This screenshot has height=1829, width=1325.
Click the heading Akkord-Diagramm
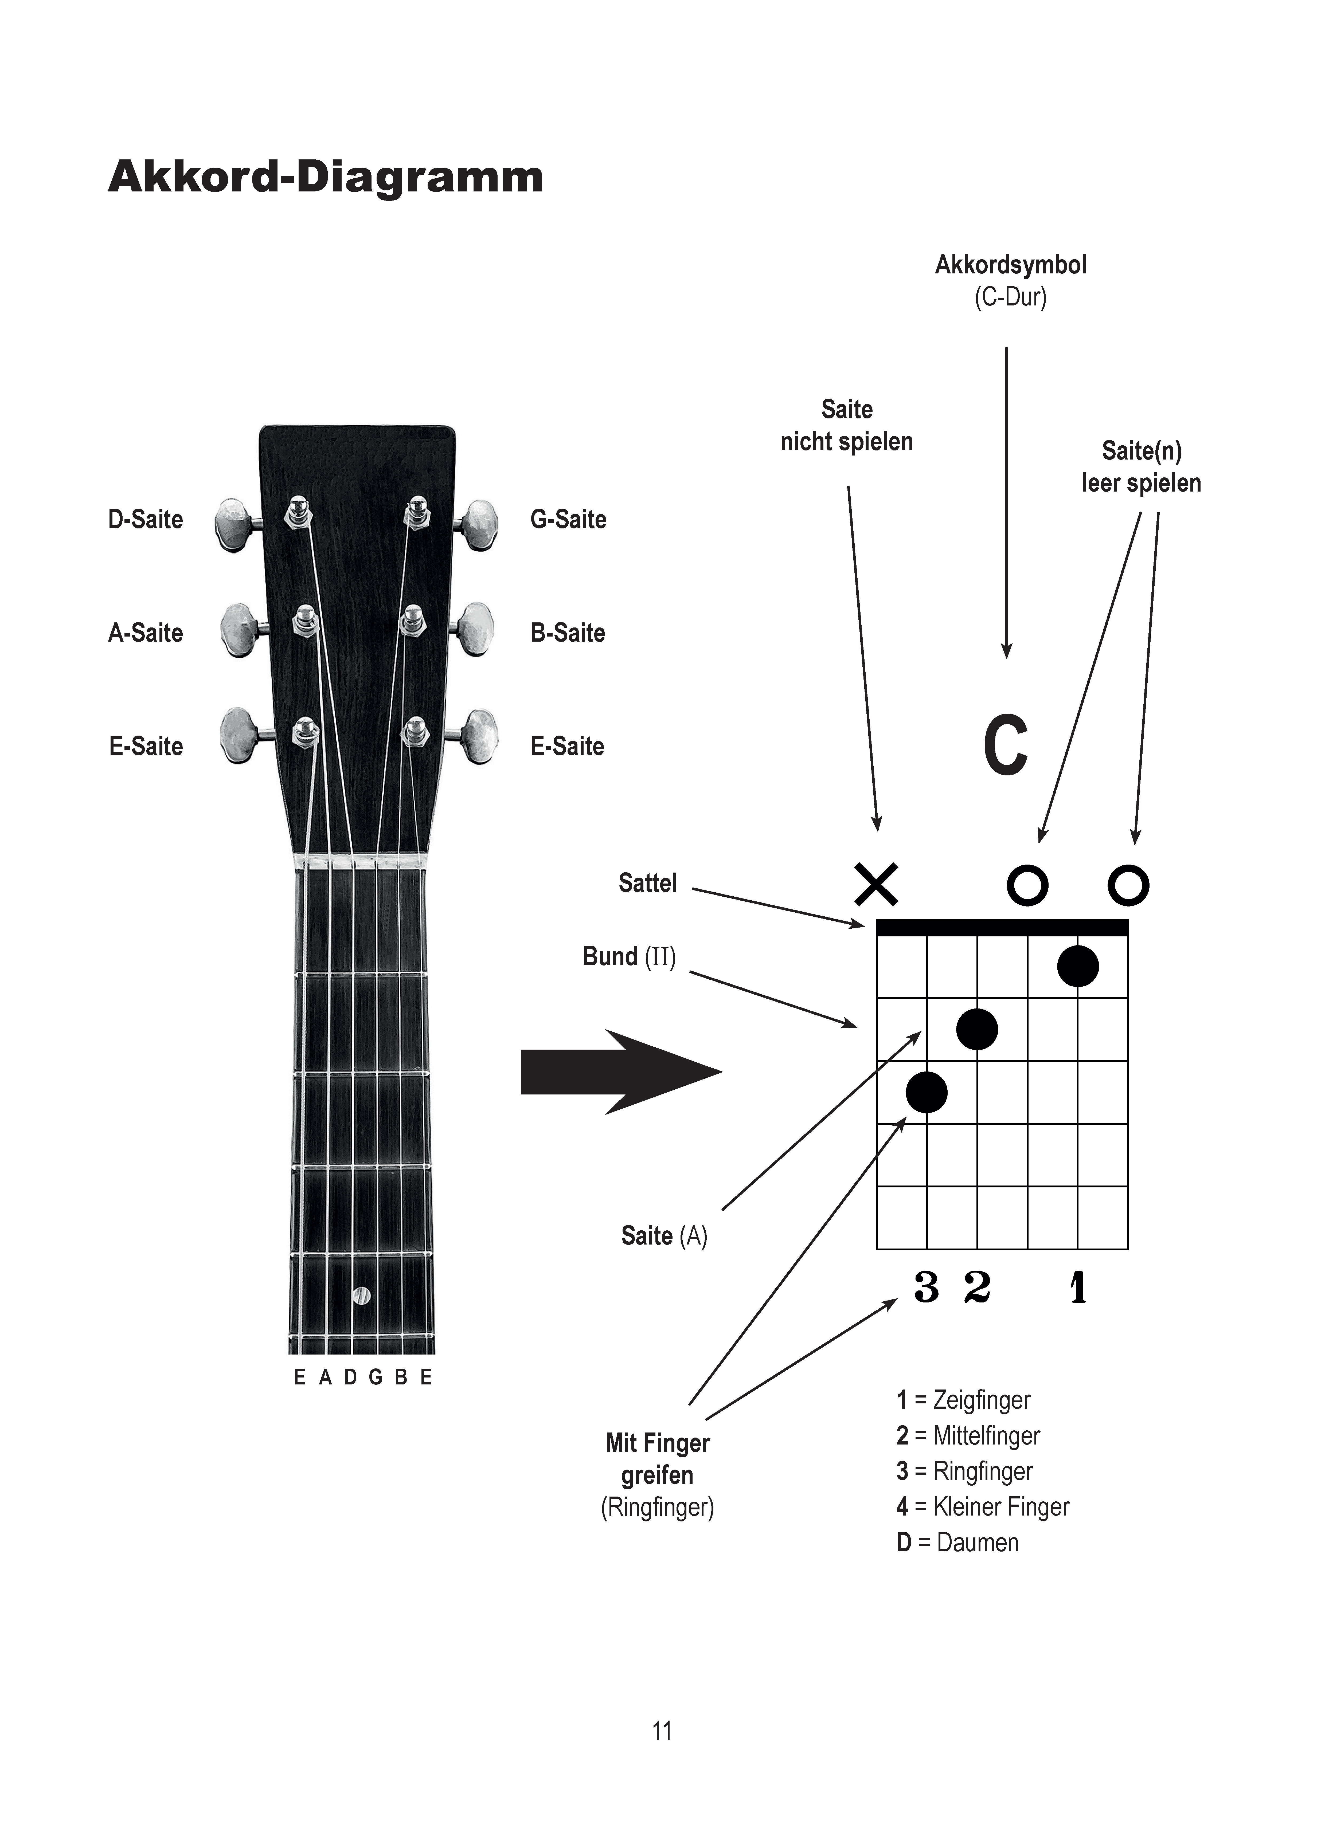coord(326,177)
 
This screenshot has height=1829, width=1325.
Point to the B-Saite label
coord(568,633)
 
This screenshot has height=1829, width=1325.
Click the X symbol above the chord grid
coord(876,885)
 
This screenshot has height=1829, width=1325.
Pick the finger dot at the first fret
coord(1078,966)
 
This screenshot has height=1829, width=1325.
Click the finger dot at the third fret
coord(927,1092)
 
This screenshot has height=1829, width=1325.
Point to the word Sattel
coord(648,883)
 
